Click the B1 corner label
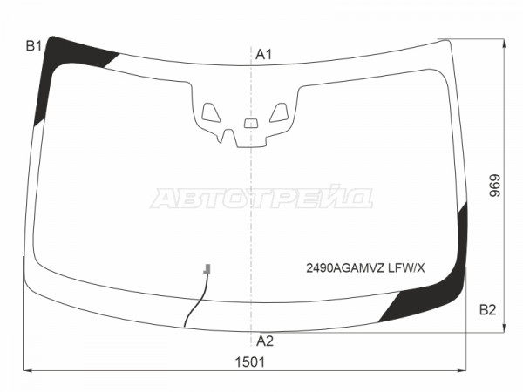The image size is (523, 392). [34, 46]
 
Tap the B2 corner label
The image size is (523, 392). [487, 310]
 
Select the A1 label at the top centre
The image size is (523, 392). [264, 54]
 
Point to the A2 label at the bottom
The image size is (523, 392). [265, 341]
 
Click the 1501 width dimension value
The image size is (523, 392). [250, 362]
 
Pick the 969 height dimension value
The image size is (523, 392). [495, 186]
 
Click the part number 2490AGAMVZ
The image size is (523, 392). [345, 268]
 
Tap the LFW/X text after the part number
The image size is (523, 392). [406, 268]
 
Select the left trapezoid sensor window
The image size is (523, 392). [211, 112]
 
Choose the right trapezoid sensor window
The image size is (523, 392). [279, 112]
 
